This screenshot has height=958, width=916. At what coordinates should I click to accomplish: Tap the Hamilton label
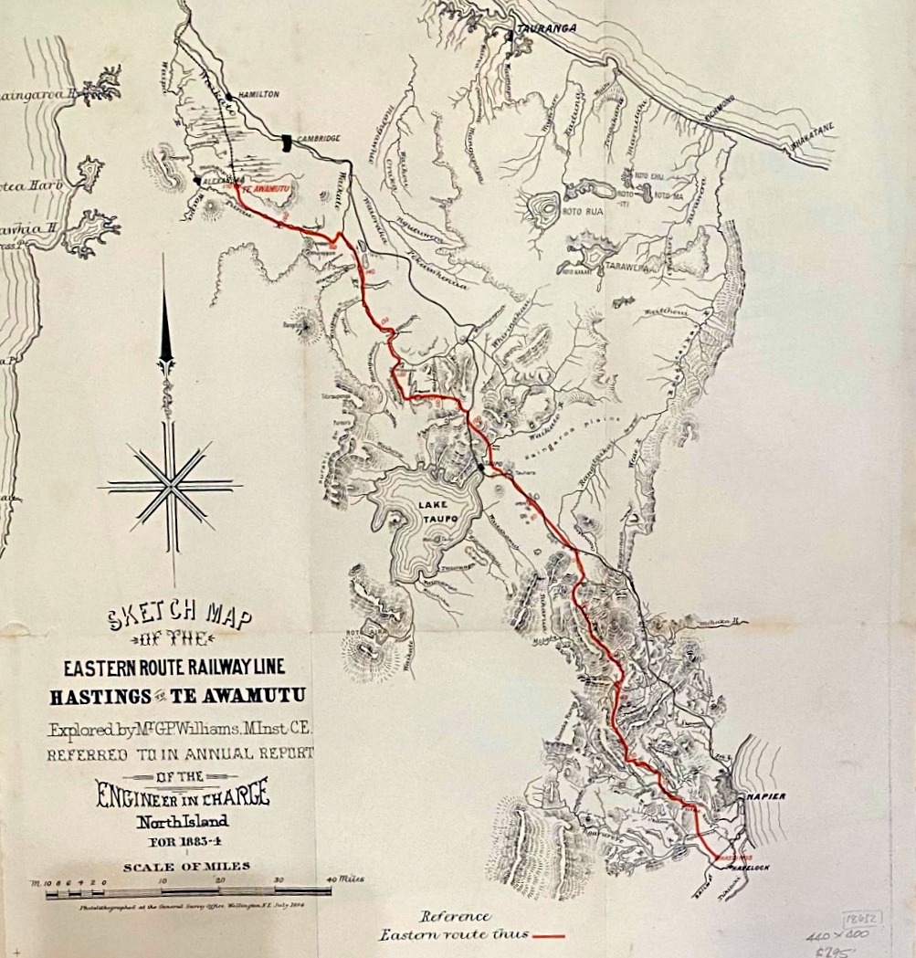click(x=258, y=94)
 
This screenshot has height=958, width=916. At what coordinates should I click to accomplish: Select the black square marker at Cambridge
click(x=288, y=142)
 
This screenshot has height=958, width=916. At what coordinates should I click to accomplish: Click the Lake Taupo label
click(x=434, y=512)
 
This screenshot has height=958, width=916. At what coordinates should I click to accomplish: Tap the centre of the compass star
click(x=170, y=485)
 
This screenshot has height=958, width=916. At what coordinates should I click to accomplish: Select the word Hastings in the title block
click(x=101, y=697)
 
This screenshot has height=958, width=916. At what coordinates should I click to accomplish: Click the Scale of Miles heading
click(x=187, y=866)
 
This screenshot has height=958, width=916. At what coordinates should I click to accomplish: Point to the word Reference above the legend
click(x=455, y=916)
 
